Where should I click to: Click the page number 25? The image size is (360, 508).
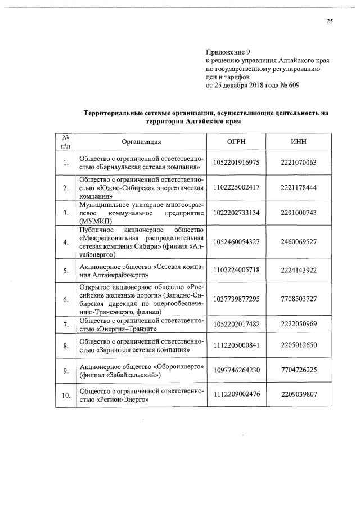330,22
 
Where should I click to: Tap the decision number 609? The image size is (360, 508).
293,86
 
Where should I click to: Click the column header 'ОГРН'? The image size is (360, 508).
236,142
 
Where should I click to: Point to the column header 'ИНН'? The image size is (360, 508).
299,142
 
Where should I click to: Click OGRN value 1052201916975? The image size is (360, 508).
236,163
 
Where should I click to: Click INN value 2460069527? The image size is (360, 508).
299,241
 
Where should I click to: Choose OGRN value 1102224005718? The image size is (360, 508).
236,271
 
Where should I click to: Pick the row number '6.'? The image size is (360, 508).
66,299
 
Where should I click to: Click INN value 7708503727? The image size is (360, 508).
299,299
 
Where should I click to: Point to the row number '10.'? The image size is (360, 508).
66,395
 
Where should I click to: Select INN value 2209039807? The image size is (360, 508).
299,395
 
